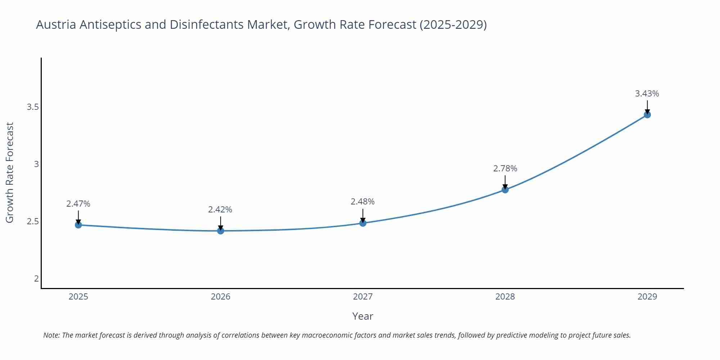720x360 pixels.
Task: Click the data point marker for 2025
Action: point(78,225)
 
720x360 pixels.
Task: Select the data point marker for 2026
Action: point(221,231)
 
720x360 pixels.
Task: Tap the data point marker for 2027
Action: point(363,223)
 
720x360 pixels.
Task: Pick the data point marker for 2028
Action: point(505,190)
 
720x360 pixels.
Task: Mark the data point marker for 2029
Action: point(647,115)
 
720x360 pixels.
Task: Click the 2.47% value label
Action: point(78,204)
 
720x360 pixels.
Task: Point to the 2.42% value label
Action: point(220,210)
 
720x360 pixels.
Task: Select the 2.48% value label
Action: point(363,202)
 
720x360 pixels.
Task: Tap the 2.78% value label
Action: point(505,168)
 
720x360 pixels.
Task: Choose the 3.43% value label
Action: point(647,94)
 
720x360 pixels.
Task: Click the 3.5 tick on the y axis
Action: point(33,107)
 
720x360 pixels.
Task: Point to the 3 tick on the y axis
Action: point(36,164)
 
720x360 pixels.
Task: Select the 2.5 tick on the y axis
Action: point(33,221)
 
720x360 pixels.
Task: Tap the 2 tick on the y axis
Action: point(36,278)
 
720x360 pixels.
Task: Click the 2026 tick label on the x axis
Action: point(221,297)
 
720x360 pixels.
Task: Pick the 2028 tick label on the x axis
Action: point(505,297)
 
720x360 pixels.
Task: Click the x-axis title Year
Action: point(363,316)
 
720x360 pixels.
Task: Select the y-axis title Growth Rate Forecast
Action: point(10,172)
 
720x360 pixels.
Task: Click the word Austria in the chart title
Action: point(56,25)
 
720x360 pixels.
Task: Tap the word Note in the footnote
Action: point(51,335)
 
